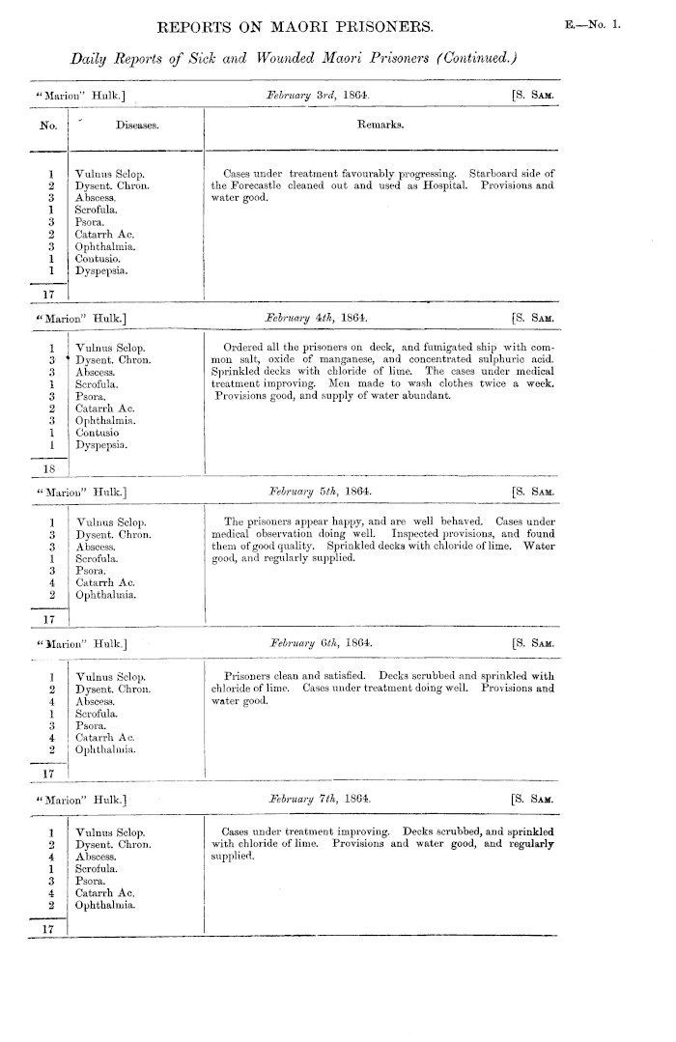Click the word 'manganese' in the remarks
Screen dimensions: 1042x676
388,359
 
